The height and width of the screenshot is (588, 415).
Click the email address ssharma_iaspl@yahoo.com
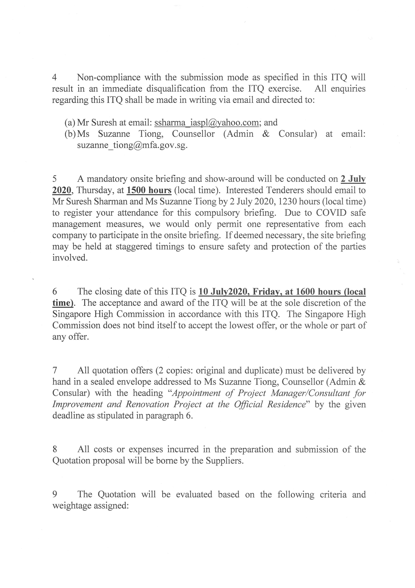206,123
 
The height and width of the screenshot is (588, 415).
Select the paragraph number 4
54,77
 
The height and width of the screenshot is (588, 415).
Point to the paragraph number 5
54,179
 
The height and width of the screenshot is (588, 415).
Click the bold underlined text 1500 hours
149,190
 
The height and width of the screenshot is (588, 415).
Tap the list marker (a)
70,123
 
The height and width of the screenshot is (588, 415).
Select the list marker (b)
70,134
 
